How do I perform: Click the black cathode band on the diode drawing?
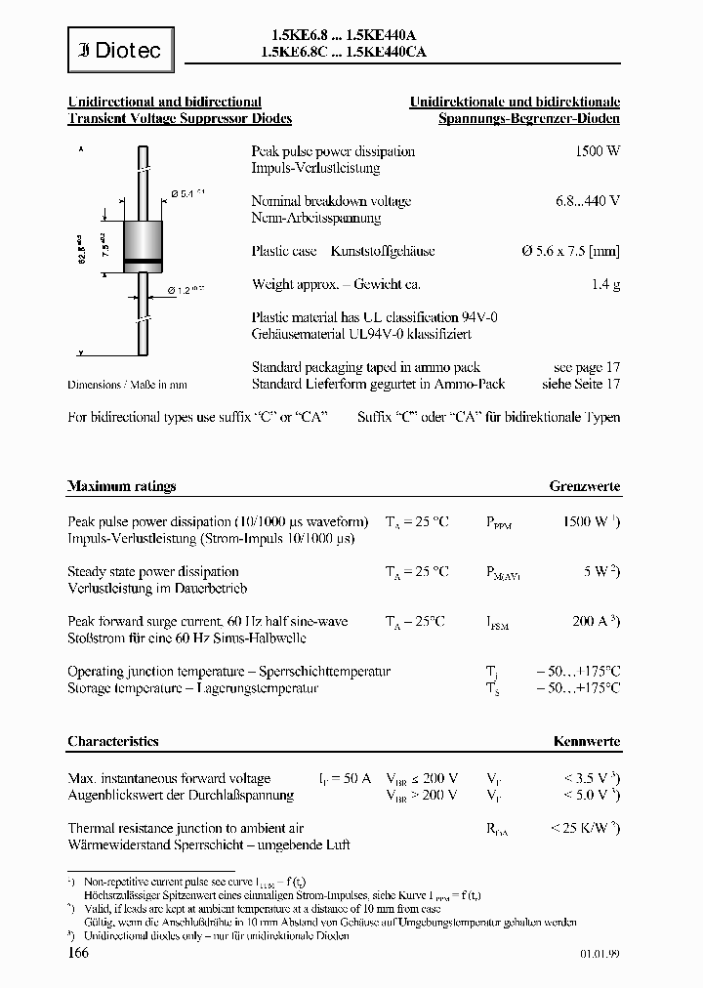point(144,260)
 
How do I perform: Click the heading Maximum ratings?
point(121,486)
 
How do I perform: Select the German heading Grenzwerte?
point(584,486)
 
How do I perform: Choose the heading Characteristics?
point(113,742)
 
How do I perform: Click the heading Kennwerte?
point(586,742)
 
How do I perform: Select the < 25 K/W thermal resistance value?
point(584,828)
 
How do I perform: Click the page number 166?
point(79,953)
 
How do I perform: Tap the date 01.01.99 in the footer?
point(598,956)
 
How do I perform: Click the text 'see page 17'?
point(586,367)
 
